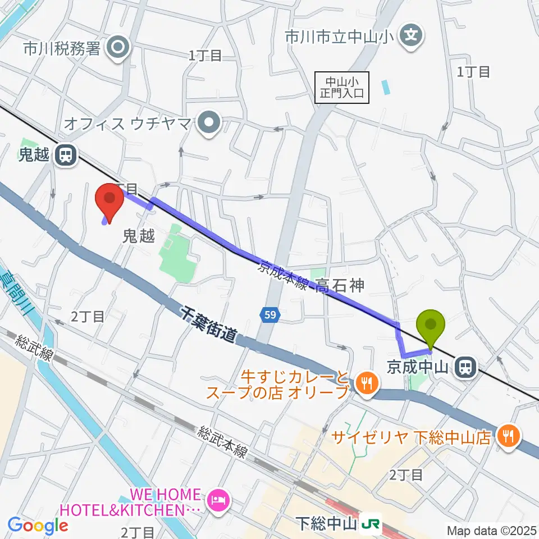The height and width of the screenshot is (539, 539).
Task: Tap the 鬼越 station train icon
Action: point(66,155)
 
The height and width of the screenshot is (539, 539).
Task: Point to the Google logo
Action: point(37,526)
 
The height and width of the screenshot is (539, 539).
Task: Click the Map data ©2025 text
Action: point(492,530)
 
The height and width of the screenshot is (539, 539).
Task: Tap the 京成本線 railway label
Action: point(282,275)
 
